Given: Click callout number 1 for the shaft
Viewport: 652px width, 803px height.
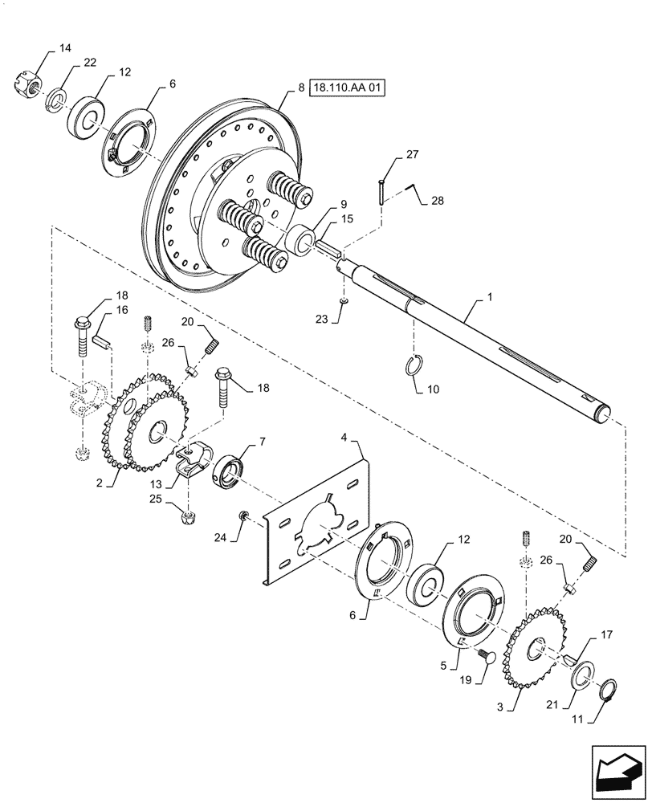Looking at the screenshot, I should coord(488,297).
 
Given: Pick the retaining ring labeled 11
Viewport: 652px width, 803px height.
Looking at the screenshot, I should coord(612,687).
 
